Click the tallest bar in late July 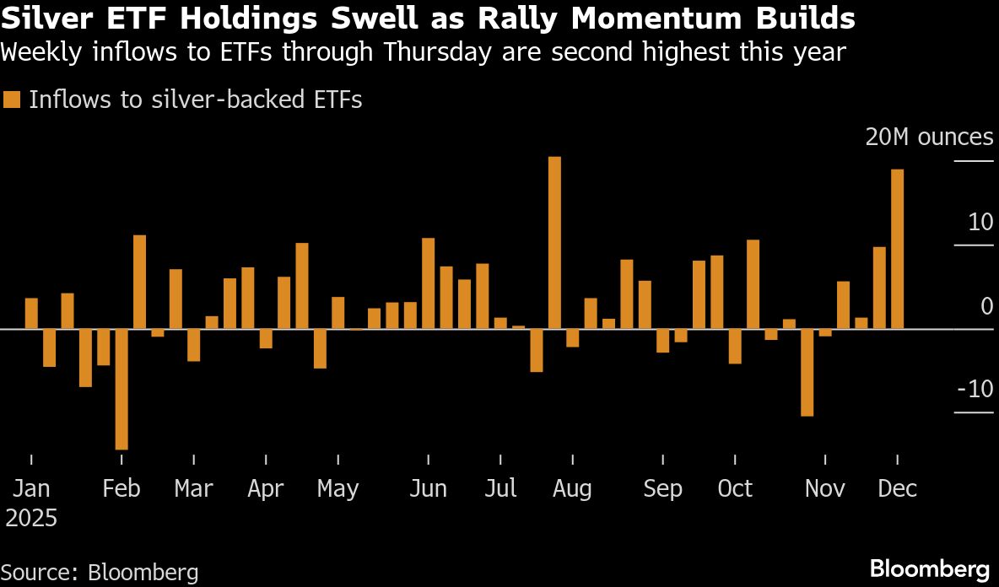(554, 243)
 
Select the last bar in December (897, 249)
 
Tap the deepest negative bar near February (121, 389)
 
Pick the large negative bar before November (807, 372)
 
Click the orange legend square (12, 100)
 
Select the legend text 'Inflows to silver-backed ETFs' (195, 100)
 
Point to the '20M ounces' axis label (929, 137)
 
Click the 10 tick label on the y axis (981, 223)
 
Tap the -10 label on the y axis (975, 390)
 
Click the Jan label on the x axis (31, 489)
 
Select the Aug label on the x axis (572, 489)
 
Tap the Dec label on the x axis (897, 489)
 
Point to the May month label (337, 489)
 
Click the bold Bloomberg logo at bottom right (929, 568)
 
